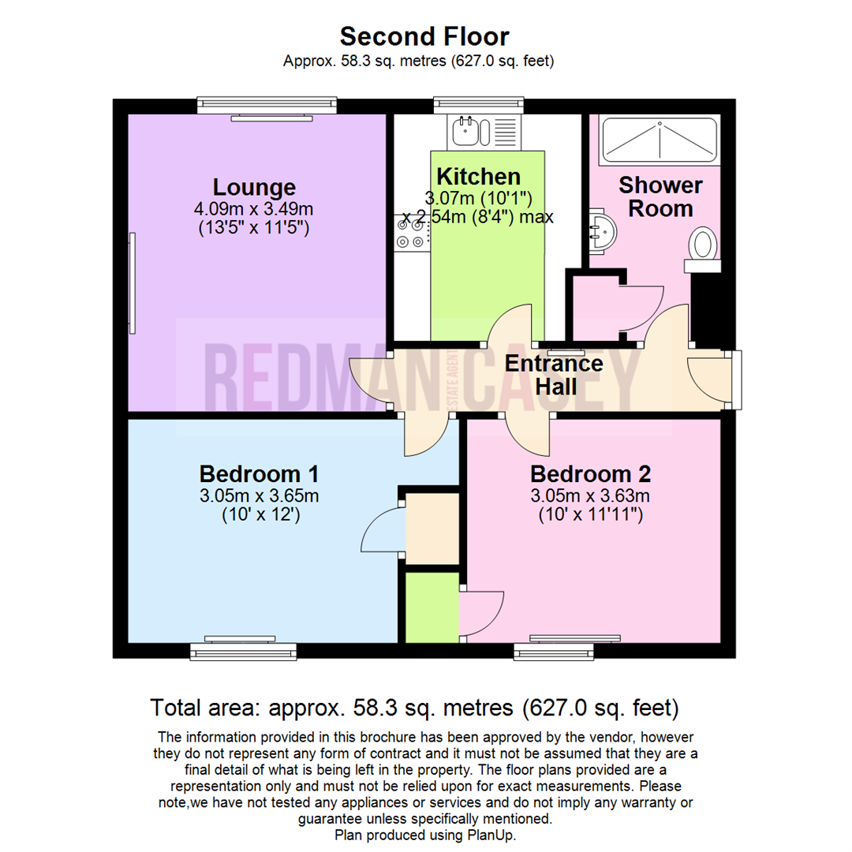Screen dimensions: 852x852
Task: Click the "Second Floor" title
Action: pos(424,36)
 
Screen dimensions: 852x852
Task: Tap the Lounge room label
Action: pos(254,188)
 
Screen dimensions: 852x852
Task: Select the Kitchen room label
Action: pos(478,177)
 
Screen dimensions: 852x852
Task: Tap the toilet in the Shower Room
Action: pos(701,246)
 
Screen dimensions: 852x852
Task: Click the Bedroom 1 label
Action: pos(259,474)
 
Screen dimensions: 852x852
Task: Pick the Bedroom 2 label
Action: pos(590,474)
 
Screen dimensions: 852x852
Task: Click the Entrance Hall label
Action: pos(554,376)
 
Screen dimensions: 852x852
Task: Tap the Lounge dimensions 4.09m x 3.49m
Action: pos(254,210)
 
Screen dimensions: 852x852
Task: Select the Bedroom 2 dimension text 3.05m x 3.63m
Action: pos(590,496)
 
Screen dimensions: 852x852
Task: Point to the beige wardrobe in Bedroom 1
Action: pos(432,528)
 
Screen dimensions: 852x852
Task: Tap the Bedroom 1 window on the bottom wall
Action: pos(243,650)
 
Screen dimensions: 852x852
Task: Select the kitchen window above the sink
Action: pos(478,103)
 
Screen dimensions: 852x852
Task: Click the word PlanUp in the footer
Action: pos(494,835)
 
